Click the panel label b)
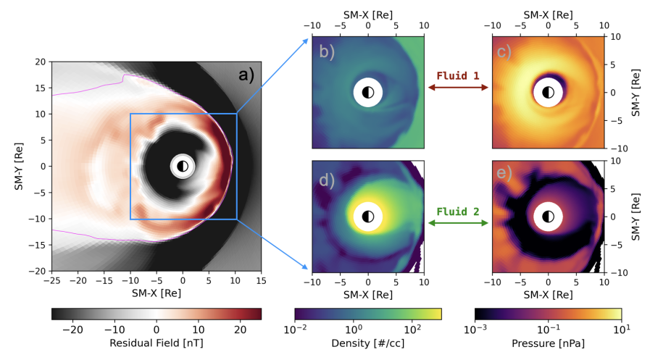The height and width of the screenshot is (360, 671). tap(326, 52)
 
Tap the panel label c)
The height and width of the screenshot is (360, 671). tap(506, 52)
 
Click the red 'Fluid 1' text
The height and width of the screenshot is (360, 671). tap(458, 75)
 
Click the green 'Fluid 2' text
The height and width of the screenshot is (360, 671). tap(458, 212)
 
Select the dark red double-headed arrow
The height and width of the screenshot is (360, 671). tap(458, 88)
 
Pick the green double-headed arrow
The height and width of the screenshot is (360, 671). tap(458, 224)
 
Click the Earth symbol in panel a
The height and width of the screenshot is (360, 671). tap(182, 166)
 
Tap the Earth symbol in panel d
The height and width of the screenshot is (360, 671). tap(368, 216)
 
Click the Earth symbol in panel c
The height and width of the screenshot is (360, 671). tap(548, 92)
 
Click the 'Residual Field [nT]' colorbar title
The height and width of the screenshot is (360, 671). tap(157, 340)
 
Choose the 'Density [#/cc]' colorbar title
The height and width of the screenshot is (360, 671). tap(368, 340)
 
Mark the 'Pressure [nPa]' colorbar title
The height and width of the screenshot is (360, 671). tap(548, 340)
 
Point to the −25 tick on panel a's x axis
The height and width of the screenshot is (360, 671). tap(51, 281)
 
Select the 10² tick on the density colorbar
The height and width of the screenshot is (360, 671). tap(412, 327)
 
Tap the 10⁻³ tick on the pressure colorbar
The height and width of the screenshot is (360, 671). tap(475, 327)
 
